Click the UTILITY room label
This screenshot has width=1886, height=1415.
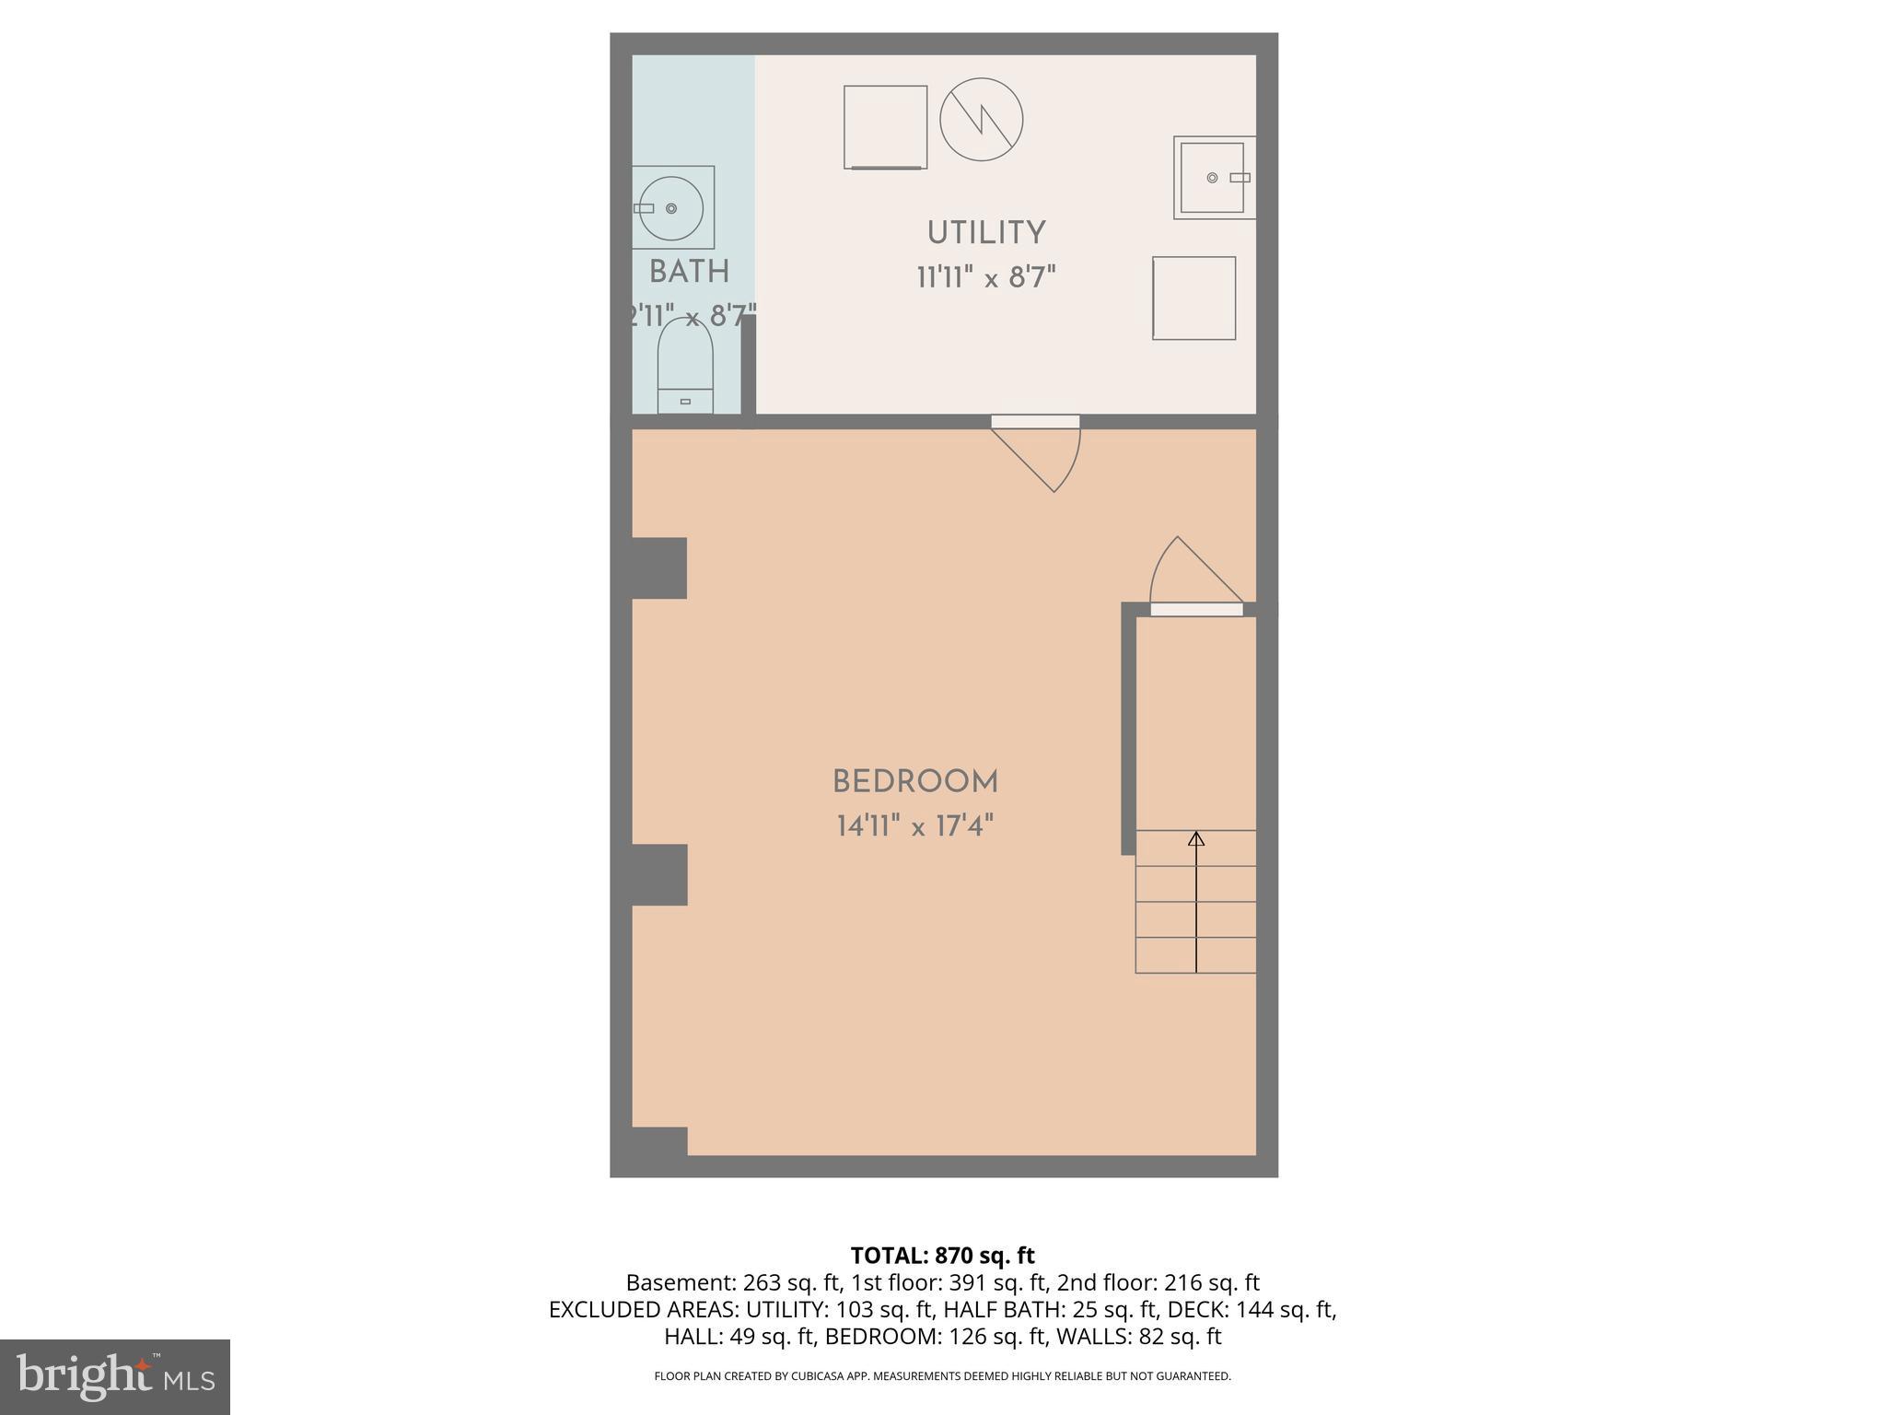click(985, 233)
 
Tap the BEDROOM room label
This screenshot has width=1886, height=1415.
click(914, 782)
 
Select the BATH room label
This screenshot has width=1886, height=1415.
click(689, 272)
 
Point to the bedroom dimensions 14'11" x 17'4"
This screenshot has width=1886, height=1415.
click(914, 826)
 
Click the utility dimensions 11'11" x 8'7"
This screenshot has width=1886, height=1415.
click(985, 277)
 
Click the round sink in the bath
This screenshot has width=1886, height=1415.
click(672, 208)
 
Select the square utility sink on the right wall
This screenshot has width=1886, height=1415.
click(1213, 178)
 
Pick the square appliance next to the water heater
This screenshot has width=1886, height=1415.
click(885, 127)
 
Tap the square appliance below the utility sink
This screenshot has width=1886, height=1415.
click(1193, 298)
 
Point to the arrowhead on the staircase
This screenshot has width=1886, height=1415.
click(1196, 838)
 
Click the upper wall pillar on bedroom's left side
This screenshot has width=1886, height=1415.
click(659, 567)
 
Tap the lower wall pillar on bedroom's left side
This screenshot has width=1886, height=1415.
click(659, 874)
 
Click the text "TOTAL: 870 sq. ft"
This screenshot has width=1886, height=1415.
click(942, 1256)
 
